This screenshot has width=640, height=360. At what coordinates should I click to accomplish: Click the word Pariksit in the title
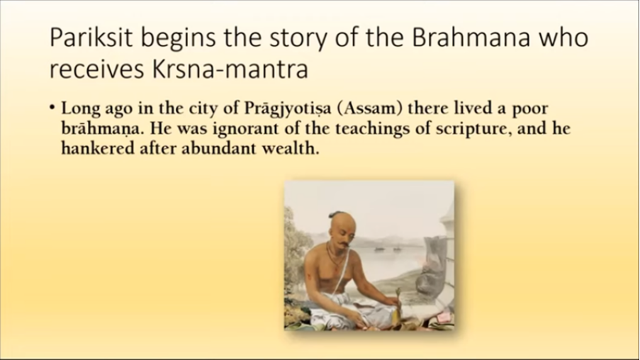[x=91, y=38]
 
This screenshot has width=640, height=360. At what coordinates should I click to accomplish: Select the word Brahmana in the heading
[x=471, y=38]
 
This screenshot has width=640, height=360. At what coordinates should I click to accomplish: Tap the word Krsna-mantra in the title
[x=230, y=69]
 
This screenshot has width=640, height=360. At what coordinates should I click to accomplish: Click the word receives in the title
[x=96, y=69]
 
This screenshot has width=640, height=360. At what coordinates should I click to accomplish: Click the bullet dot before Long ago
[x=52, y=108]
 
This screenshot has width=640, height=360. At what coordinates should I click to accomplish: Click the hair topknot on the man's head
[x=335, y=214]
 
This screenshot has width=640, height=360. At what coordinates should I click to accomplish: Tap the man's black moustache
[x=344, y=244]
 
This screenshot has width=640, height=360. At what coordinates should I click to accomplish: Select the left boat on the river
[x=379, y=248]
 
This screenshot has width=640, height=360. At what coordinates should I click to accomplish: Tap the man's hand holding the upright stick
[x=395, y=301]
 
